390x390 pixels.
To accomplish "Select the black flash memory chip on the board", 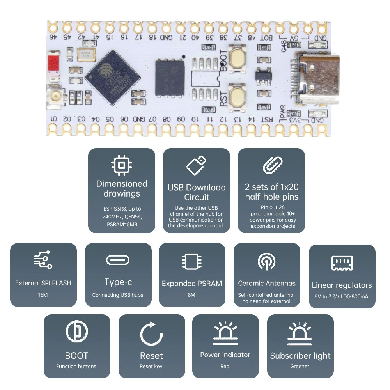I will [170, 78].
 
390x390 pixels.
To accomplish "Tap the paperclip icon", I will [272, 165].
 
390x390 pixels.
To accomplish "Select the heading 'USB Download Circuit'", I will [197, 192].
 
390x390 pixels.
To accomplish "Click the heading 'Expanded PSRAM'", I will [192, 284].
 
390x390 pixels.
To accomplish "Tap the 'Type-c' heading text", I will [117, 282].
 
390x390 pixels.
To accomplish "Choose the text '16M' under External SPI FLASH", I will [43, 295].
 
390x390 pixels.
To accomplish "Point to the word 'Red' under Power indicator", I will [225, 366].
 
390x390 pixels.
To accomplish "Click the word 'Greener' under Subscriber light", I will [300, 366].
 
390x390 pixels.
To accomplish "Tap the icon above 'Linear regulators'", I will [342, 263].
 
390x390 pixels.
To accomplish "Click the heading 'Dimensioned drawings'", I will [122, 188].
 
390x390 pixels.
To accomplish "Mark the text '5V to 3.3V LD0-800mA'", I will [342, 296].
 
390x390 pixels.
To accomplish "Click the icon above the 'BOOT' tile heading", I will [76, 333].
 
